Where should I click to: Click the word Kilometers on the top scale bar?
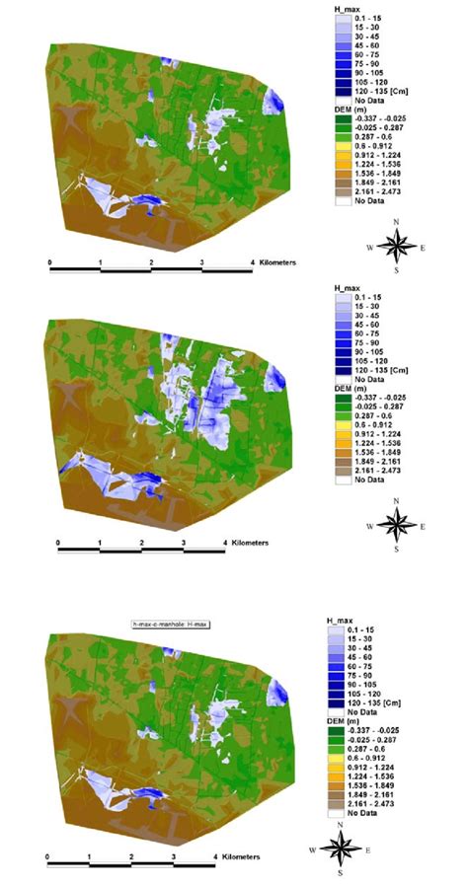274,262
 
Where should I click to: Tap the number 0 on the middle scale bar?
58,544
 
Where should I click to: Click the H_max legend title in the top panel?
348,8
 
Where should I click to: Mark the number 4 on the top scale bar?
253,262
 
